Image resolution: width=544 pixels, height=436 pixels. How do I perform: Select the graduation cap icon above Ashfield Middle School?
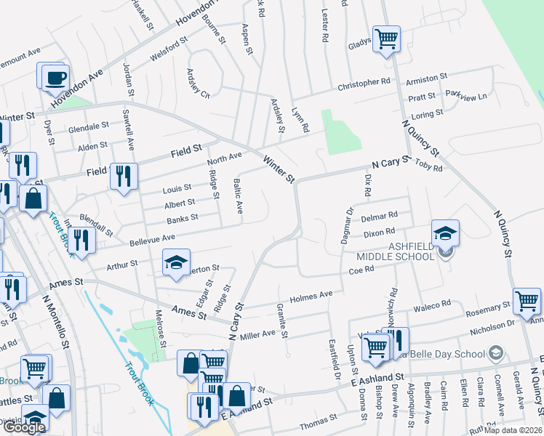tap(445, 233)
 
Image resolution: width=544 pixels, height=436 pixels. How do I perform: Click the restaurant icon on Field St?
tap(124, 175)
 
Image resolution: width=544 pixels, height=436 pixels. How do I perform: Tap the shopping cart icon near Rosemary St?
tap(527, 300)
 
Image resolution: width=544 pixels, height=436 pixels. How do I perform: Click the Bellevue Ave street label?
tap(153, 238)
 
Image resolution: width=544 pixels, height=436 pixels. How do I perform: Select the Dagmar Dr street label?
tap(349, 221)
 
